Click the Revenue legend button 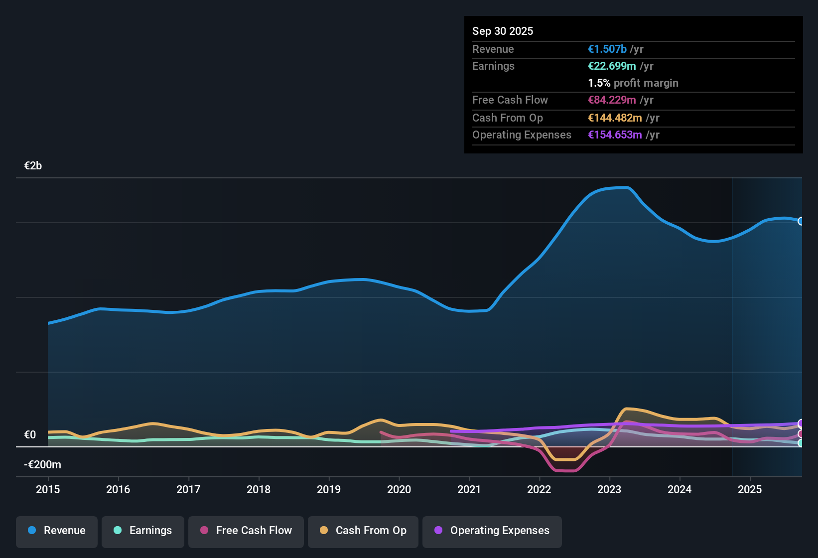57,531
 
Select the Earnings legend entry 143,531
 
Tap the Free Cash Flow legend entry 246,531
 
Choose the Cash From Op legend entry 363,531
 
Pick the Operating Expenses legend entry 492,531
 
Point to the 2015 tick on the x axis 48,489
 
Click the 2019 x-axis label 329,489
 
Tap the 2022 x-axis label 539,489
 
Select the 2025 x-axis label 750,489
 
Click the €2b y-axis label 33,166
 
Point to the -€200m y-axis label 42,465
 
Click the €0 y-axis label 30,435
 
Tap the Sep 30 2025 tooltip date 502,31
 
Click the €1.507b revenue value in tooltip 607,49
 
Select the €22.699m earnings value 612,66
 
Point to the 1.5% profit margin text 633,83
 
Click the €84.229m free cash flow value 612,100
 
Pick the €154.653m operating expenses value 615,135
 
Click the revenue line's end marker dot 801,221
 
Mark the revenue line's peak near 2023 626,187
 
